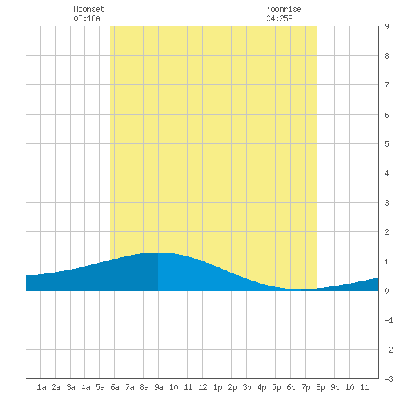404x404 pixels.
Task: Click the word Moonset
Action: pyautogui.click(x=89, y=9)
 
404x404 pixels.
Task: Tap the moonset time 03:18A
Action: pyautogui.click(x=87, y=18)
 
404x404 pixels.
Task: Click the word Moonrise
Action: pyautogui.click(x=284, y=9)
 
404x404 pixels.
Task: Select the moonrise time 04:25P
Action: pyautogui.click(x=279, y=18)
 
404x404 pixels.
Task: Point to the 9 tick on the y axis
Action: pyautogui.click(x=386, y=26)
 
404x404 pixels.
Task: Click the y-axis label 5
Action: pyautogui.click(x=386, y=144)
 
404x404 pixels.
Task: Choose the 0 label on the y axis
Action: pyautogui.click(x=386, y=291)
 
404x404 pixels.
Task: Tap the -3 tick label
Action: pyautogui.click(x=389, y=379)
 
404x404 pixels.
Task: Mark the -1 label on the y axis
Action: pyautogui.click(x=389, y=320)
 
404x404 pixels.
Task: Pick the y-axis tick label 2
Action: pyautogui.click(x=386, y=232)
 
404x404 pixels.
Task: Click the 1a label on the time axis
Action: pyautogui.click(x=41, y=387)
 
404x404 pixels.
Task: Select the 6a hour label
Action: pyautogui.click(x=115, y=387)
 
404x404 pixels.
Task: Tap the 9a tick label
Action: pyautogui.click(x=159, y=387)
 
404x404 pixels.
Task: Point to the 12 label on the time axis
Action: pyautogui.click(x=203, y=387)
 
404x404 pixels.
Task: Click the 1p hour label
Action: pyautogui.click(x=217, y=387)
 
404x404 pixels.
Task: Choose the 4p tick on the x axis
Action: pyautogui.click(x=261, y=387)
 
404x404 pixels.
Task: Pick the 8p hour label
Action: pyautogui.click(x=320, y=387)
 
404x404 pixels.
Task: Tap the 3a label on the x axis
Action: pyautogui.click(x=71, y=387)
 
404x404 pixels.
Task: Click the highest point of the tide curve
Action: pyautogui.click(x=158, y=253)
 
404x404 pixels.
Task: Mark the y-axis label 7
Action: pyautogui.click(x=386, y=85)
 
